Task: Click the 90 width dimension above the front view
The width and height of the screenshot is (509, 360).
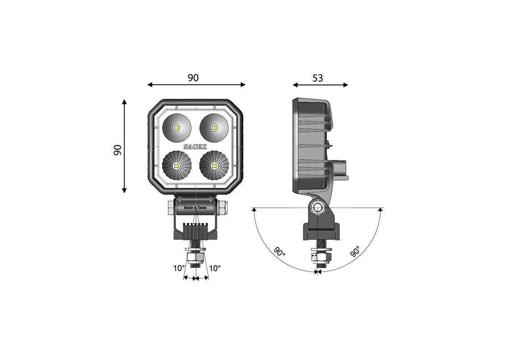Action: pyautogui.click(x=193, y=78)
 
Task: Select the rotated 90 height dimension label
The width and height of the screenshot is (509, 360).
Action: pyautogui.click(x=118, y=150)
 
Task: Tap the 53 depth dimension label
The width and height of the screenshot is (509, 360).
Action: pyautogui.click(x=317, y=78)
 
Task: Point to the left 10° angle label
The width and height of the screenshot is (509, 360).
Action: pyautogui.click(x=179, y=268)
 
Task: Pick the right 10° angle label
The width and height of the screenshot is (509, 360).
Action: pyautogui.click(x=215, y=268)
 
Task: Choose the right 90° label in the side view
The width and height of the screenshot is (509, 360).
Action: pyautogui.click(x=355, y=251)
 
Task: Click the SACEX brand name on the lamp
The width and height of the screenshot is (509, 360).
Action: pyautogui.click(x=195, y=147)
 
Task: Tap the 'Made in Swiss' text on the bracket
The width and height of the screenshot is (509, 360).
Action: pyautogui.click(x=196, y=207)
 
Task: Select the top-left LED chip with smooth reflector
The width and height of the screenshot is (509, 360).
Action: pyautogui.click(x=177, y=128)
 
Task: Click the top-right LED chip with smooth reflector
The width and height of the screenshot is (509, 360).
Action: pyautogui.click(x=214, y=128)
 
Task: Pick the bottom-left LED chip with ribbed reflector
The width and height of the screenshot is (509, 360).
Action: pyautogui.click(x=177, y=166)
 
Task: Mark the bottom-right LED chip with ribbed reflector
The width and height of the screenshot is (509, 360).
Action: pyautogui.click(x=214, y=166)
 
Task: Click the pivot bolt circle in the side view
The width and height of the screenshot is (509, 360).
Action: pyautogui.click(x=318, y=208)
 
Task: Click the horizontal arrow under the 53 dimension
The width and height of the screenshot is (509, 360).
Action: pyautogui.click(x=320, y=85)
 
